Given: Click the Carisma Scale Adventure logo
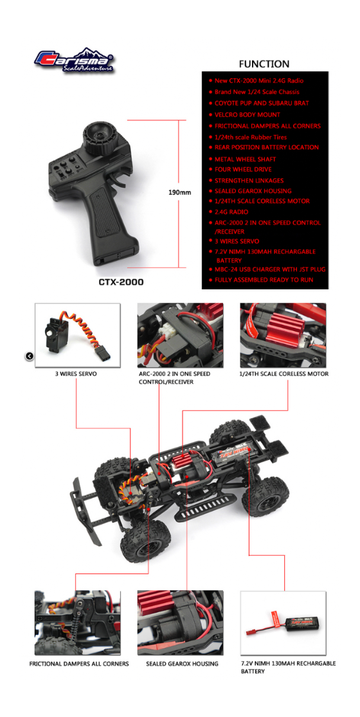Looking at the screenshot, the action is (x=74, y=60).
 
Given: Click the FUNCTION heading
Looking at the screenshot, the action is (x=264, y=64).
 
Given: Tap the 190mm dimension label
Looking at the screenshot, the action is (x=181, y=192).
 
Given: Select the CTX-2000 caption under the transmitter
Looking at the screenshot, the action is (x=121, y=282).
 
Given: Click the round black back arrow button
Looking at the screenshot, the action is (x=29, y=356).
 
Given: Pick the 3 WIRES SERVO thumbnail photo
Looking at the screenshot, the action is (x=78, y=335).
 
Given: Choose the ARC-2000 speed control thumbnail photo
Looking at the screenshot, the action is (x=181, y=335).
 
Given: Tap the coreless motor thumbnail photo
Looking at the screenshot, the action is (x=283, y=335).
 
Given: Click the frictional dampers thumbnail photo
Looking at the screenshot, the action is (x=78, y=623).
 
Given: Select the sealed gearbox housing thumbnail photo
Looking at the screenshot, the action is (x=181, y=623).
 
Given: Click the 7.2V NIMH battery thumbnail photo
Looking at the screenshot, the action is (x=283, y=623).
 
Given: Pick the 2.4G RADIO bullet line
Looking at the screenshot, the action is (x=231, y=212).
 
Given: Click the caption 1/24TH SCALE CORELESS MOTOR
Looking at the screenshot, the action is (x=284, y=374).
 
